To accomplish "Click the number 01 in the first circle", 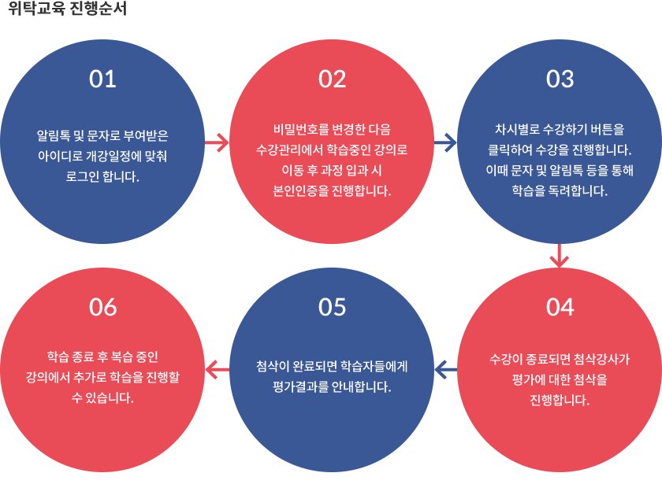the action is point(102,79).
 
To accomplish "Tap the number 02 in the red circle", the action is point(332,79).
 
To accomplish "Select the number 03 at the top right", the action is point(560,79).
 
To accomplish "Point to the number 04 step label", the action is point(560,307).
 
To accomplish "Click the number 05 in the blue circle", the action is point(332,307).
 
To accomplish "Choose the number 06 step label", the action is point(102,307).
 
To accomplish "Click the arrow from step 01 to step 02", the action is point(217,142).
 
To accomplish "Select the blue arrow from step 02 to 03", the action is point(445,142).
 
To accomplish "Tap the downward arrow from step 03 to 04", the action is point(560,256).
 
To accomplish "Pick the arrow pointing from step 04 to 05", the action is point(445,370).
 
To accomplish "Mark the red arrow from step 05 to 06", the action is point(217,370).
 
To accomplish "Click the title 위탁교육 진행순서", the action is point(68,8).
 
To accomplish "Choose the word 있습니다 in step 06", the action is point(109,397).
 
